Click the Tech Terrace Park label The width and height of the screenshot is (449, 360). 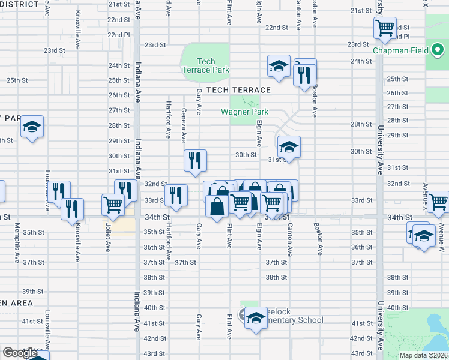[x=205, y=65]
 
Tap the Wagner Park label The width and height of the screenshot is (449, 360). [x=244, y=112]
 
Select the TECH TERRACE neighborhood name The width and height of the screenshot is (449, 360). [x=238, y=90]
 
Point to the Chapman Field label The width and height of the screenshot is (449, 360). [x=400, y=51]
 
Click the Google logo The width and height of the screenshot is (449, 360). [x=20, y=353]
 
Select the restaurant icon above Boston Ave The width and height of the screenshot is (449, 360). [x=305, y=74]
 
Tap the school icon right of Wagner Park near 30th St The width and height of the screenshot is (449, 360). [x=288, y=147]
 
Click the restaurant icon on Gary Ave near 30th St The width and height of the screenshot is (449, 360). [x=196, y=160]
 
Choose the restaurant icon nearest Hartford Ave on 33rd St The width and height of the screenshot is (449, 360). [x=176, y=195]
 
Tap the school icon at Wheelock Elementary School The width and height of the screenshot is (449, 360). [x=256, y=317]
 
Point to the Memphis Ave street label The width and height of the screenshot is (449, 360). [x=17, y=236]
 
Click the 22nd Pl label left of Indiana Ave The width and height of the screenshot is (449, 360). [x=118, y=35]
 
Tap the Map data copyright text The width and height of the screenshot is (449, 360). [x=423, y=355]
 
